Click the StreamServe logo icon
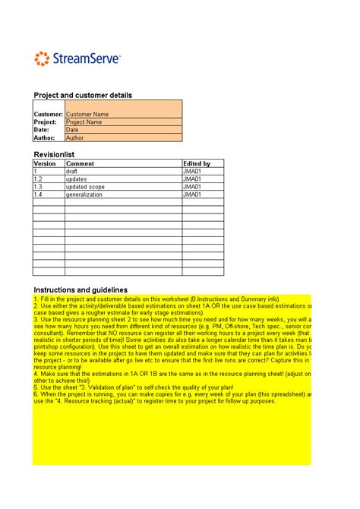(x=43, y=58)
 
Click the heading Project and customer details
(x=83, y=95)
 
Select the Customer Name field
(x=123, y=114)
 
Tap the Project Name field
(x=123, y=122)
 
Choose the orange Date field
(x=123, y=130)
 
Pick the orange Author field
(x=123, y=138)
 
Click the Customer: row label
(x=49, y=114)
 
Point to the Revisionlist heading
(x=54, y=154)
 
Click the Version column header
(x=46, y=163)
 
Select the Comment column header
(x=80, y=163)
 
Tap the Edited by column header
(x=197, y=163)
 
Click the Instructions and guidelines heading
(x=81, y=290)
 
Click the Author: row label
(x=46, y=138)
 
